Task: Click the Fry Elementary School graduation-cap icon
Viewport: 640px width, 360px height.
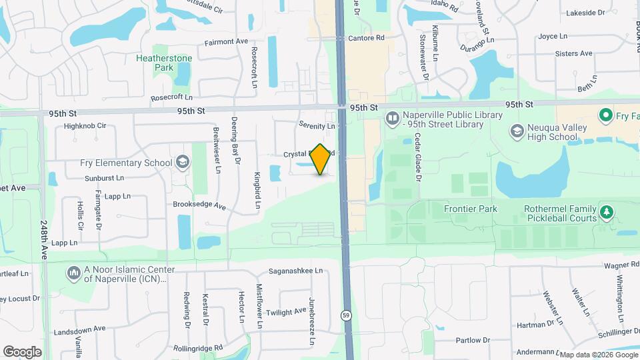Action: click(182, 163)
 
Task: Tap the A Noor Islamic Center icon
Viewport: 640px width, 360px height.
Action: click(73, 273)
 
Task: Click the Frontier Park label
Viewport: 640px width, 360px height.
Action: click(471, 209)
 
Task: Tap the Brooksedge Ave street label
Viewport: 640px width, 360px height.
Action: click(199, 205)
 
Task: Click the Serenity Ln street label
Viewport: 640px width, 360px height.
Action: click(317, 125)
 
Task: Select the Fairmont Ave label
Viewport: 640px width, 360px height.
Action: click(226, 41)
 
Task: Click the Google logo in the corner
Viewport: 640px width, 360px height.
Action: click(22, 352)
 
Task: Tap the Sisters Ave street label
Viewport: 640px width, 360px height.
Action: click(573, 53)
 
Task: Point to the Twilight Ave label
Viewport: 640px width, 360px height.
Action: click(286, 312)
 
